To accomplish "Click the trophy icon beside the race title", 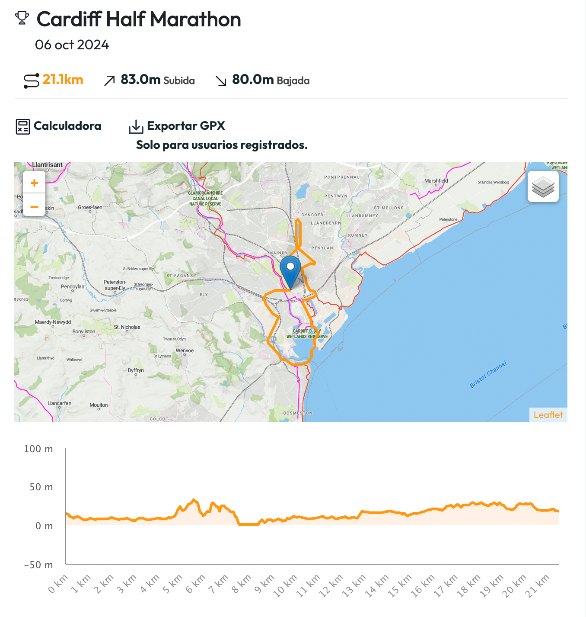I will pos(22,18).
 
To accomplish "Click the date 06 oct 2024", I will pos(72,45).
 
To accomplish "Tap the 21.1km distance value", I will pos(63,80).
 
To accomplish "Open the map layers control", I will pos(543,186).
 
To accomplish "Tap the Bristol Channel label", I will pos(488,374).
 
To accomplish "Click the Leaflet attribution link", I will pos(548,415).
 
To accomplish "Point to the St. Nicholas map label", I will pos(127,327).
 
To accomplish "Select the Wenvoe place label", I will pos(185,350).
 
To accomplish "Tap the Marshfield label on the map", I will pos(436,181).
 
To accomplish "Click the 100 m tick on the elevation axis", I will pos(38,449).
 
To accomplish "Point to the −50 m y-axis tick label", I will pos(38,565).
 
